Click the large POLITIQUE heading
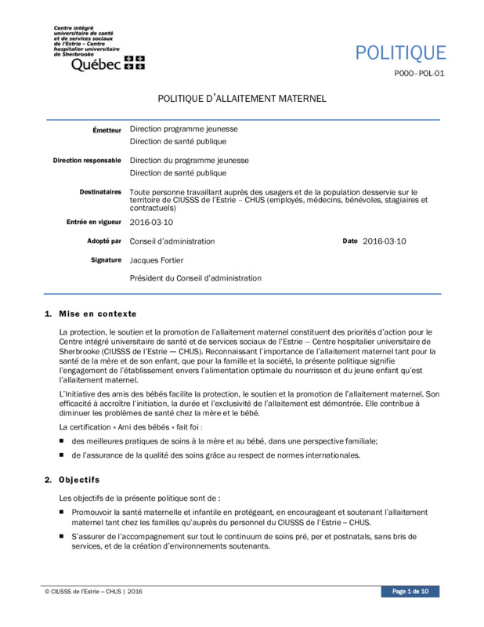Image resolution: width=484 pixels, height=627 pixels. tap(400, 53)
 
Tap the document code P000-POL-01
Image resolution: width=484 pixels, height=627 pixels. tap(419, 76)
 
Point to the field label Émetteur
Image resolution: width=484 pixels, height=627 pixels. tap(107, 129)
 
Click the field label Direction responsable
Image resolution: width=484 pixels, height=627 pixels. tap(87, 161)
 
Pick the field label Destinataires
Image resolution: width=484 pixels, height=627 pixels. tap(100, 191)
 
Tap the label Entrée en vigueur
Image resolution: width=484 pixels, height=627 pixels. tap(94, 223)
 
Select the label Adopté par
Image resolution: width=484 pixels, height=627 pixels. tap(104, 241)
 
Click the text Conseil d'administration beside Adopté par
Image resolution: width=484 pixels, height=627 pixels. tap(172, 241)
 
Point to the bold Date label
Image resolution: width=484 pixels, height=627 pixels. tap(350, 241)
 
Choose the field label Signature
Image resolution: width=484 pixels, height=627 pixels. tap(106, 259)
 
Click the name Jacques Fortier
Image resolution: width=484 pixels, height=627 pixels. tap(157, 260)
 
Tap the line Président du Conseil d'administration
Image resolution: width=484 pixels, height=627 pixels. tap(195, 278)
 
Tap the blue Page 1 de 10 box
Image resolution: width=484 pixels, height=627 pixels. tap(410, 591)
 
